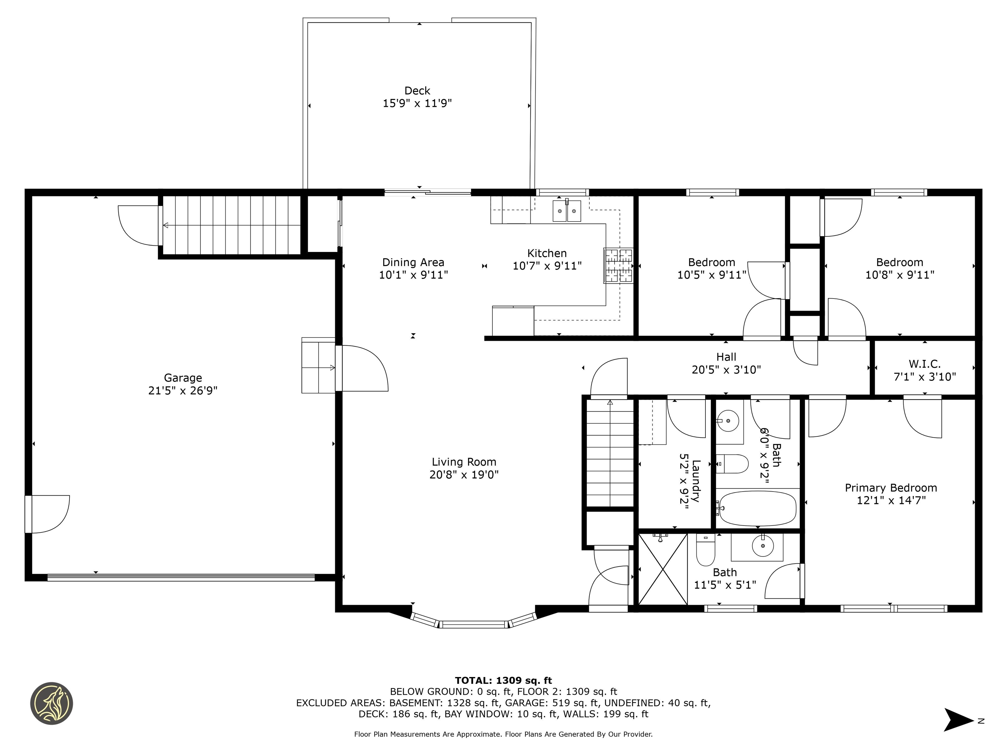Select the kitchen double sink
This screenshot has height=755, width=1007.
(x=567, y=211)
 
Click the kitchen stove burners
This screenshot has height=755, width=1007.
(x=618, y=265)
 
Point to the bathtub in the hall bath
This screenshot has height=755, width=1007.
(x=757, y=508)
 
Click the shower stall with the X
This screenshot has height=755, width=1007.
(x=663, y=569)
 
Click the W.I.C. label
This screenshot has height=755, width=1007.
(x=925, y=364)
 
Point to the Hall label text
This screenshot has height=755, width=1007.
(x=726, y=357)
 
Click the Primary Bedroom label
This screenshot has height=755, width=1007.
(x=891, y=488)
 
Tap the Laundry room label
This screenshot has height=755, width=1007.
(x=695, y=481)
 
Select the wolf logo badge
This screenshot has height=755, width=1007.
(x=51, y=703)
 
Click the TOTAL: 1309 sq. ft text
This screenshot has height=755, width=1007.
(x=503, y=680)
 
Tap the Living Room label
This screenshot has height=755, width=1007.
(x=464, y=462)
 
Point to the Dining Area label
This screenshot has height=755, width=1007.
(x=413, y=262)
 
